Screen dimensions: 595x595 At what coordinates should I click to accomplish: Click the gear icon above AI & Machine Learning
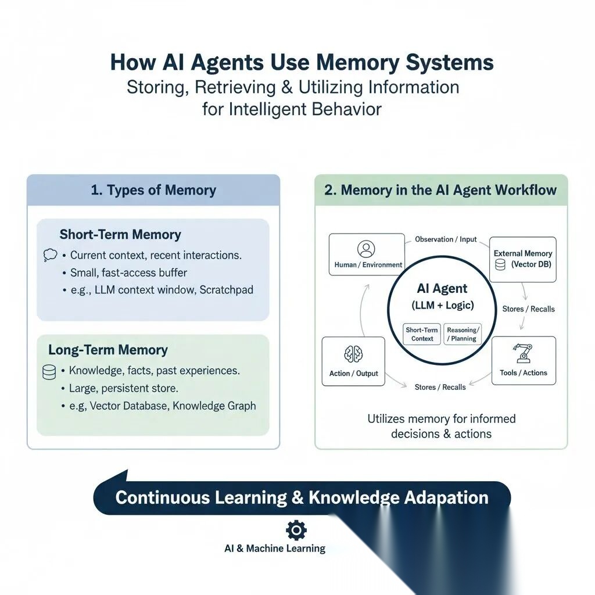297,529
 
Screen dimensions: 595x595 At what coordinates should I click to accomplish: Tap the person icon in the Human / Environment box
366,249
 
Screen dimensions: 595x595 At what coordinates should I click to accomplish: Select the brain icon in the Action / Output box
353,354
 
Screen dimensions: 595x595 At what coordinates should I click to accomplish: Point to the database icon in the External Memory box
500,265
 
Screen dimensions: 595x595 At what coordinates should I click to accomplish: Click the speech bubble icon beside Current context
51,255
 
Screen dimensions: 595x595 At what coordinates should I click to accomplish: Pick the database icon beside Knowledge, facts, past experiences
49,372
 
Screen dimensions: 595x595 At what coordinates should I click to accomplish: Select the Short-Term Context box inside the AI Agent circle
422,334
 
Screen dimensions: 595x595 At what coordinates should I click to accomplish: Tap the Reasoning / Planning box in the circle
462,334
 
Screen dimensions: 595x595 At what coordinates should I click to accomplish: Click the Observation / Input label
446,239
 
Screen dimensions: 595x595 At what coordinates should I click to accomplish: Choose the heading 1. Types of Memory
153,190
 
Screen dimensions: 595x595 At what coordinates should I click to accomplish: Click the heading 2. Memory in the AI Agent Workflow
440,190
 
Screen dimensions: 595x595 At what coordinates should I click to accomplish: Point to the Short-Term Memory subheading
120,235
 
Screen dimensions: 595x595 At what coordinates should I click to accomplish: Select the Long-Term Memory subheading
108,350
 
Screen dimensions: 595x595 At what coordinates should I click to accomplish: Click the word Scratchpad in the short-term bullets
226,290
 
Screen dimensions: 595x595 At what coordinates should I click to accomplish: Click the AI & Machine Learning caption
275,549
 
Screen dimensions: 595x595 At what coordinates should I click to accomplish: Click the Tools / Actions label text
524,373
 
